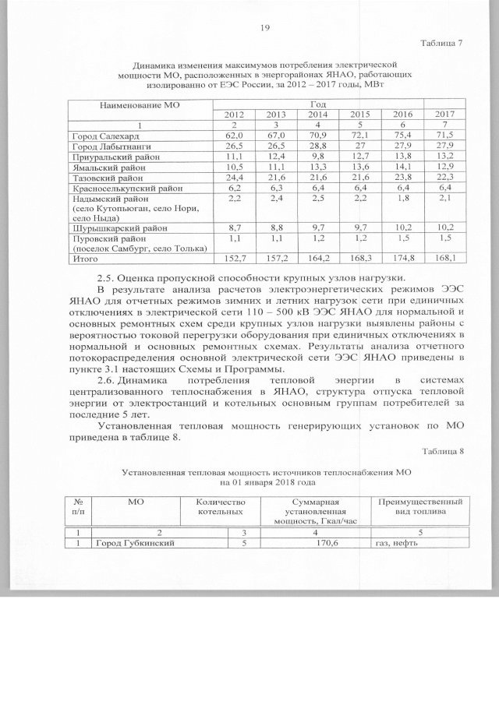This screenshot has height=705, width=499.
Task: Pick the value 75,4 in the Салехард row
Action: pos(402,136)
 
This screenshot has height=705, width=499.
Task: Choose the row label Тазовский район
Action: pos(108,178)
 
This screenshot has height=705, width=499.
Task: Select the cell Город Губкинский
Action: pos(129,543)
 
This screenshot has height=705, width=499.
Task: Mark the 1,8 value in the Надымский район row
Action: pos(402,199)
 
